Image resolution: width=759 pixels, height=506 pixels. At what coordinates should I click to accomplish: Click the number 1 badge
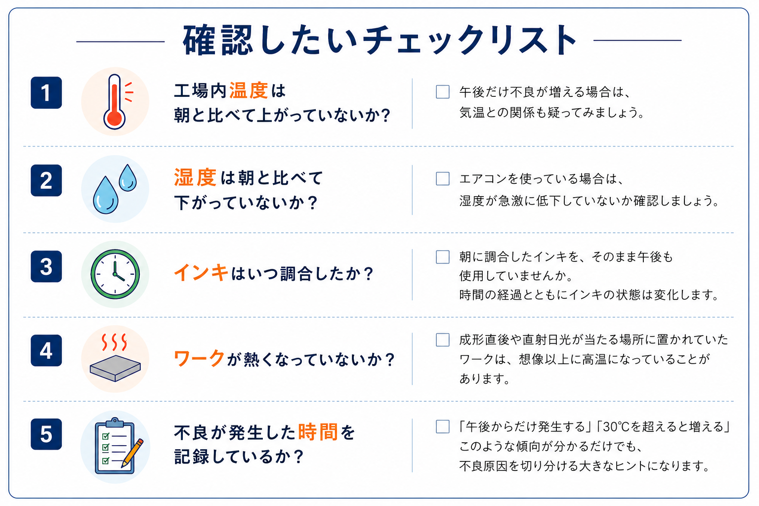46,92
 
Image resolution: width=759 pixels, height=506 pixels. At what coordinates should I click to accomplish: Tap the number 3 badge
46,266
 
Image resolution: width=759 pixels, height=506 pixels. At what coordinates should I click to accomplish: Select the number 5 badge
46,434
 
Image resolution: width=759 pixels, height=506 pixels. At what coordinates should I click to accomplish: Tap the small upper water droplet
128,177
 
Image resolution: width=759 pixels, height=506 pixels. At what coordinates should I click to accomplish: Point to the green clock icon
115,274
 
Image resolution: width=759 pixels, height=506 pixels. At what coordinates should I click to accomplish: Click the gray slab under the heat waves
115,369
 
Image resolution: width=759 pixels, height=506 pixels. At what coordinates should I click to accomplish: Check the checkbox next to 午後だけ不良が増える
443,92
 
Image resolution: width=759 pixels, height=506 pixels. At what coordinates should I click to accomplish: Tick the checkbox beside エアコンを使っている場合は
443,178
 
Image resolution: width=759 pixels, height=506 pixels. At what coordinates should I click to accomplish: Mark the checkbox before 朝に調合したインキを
443,257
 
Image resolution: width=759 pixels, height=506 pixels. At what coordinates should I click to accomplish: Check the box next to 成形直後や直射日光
443,339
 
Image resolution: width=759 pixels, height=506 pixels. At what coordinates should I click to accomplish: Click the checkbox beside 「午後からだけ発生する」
443,427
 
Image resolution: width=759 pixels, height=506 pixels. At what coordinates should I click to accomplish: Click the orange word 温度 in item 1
249,91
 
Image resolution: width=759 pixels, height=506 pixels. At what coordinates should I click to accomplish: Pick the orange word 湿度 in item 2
195,177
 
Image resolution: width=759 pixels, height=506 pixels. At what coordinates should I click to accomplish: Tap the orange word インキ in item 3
201,273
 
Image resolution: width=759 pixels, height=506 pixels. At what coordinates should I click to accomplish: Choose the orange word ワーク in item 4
199,359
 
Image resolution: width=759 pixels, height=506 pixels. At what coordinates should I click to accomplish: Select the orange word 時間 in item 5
318,432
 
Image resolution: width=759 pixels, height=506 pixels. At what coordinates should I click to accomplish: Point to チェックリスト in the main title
469,40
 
